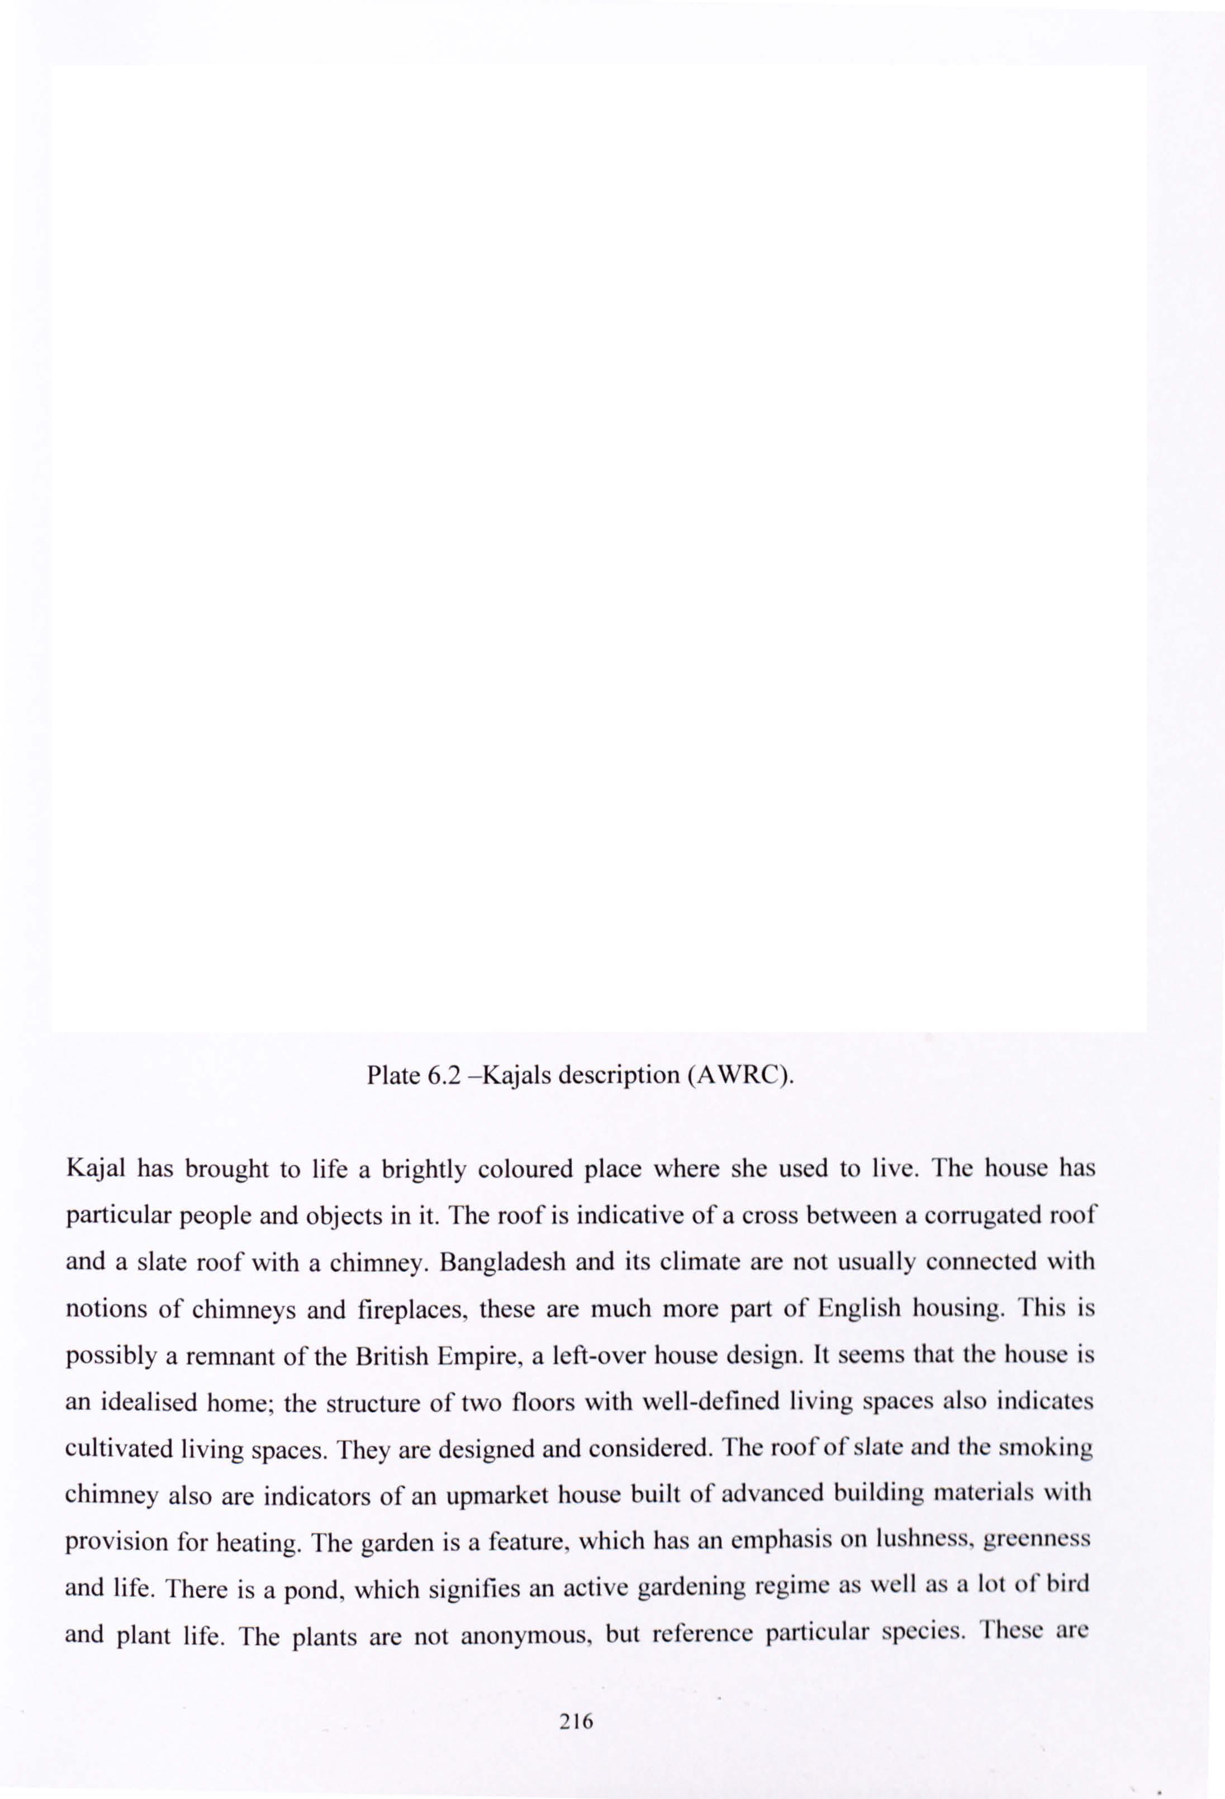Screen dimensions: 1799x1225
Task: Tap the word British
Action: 392,1355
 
